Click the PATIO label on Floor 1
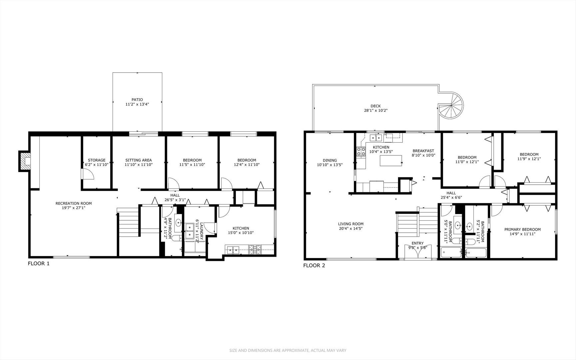point(137,99)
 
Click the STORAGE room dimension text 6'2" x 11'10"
point(97,165)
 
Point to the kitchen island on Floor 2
point(391,161)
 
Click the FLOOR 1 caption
point(39,263)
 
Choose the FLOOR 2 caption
point(314,266)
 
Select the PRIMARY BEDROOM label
point(522,229)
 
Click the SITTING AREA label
point(139,160)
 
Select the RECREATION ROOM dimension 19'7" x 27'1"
point(73,208)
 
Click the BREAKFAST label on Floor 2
point(423,151)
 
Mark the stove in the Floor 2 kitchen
point(361,152)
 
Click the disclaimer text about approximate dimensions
point(288,350)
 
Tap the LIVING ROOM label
point(350,224)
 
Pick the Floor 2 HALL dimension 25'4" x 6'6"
point(451,197)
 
